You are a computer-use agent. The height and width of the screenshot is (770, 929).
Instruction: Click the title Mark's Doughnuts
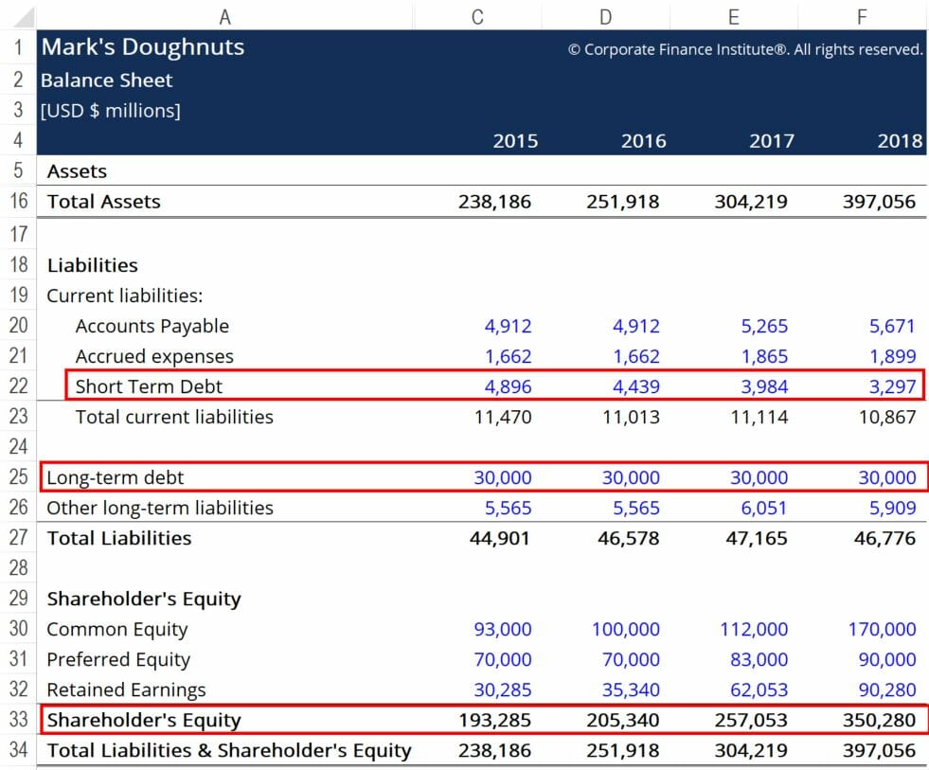tap(142, 47)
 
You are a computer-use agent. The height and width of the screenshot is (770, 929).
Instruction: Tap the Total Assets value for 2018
tap(880, 202)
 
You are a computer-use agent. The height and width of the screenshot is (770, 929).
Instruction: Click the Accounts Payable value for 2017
tap(764, 327)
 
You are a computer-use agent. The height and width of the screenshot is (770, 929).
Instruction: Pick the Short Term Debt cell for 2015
tap(508, 386)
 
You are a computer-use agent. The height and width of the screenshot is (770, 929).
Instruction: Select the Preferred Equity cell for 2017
tap(759, 659)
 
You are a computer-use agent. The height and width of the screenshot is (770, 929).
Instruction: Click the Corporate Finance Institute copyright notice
tap(745, 49)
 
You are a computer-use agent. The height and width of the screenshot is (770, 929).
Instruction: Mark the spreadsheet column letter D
tap(605, 15)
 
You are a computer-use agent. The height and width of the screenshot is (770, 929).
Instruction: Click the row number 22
tap(17, 386)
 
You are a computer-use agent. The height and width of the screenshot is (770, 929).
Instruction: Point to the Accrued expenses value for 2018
tap(892, 357)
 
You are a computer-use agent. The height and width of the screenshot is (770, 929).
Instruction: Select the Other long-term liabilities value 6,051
tap(764, 508)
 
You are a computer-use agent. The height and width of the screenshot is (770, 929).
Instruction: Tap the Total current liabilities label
tap(174, 417)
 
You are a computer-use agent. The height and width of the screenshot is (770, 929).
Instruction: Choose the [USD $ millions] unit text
tap(110, 111)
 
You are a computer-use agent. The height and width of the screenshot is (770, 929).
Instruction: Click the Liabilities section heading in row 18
tap(93, 265)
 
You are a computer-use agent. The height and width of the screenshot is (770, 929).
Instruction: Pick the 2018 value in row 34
tap(880, 750)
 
